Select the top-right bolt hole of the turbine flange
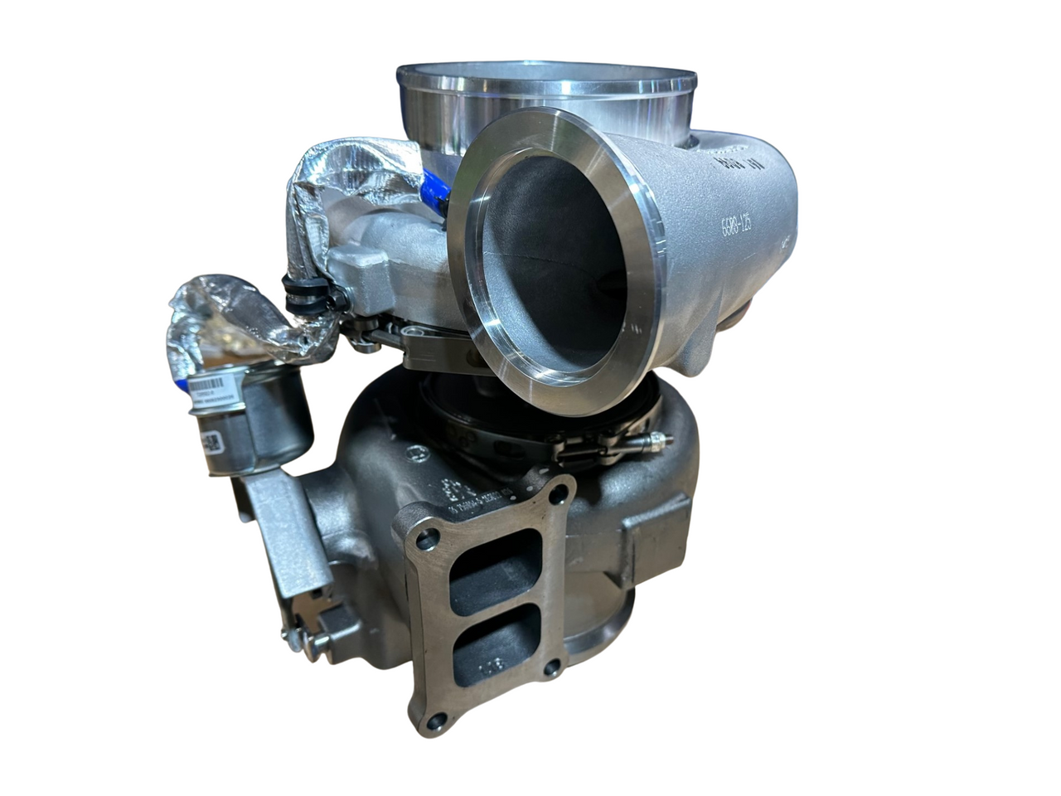point(563,494)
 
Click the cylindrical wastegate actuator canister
point(249,423)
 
